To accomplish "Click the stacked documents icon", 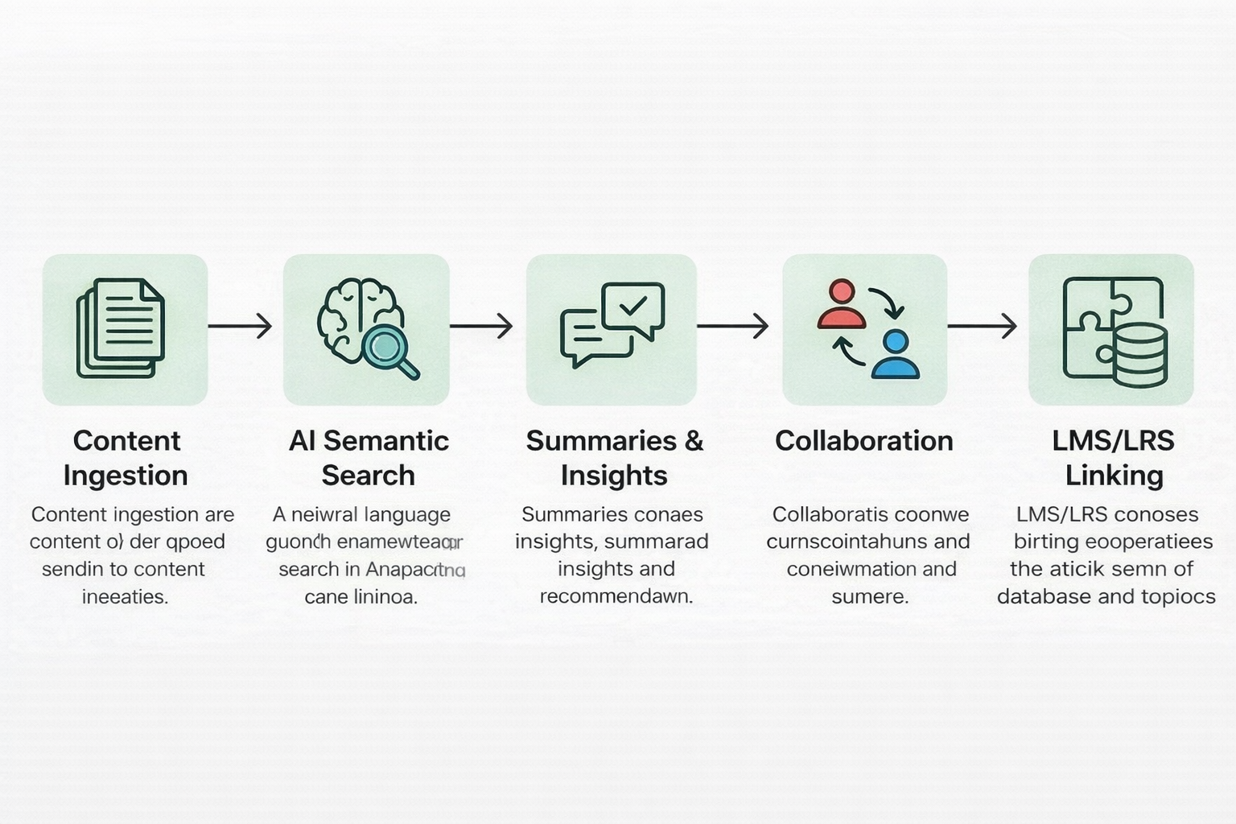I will pyautogui.click(x=121, y=328).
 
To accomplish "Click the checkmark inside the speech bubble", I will pyautogui.click(x=633, y=305).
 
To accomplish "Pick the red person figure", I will pyautogui.click(x=841, y=304).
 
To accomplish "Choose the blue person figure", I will pyautogui.click(x=895, y=354).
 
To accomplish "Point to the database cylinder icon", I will pyautogui.click(x=1140, y=355).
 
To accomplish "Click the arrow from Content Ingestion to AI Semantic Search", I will pyautogui.click(x=240, y=326).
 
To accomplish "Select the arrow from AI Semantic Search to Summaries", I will pyautogui.click(x=481, y=326).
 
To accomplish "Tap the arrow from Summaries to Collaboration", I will pyautogui.click(x=732, y=326).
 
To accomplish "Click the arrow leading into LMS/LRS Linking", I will pyautogui.click(x=982, y=326).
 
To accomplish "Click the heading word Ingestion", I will pyautogui.click(x=126, y=476).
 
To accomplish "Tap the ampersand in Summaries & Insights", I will pyautogui.click(x=694, y=441).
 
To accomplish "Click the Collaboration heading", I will pyautogui.click(x=864, y=441).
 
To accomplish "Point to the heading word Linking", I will pyautogui.click(x=1114, y=476).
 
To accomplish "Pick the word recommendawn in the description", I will pyautogui.click(x=616, y=596).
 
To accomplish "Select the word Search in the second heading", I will pyautogui.click(x=368, y=476).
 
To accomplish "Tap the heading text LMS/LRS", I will pyautogui.click(x=1113, y=441).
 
